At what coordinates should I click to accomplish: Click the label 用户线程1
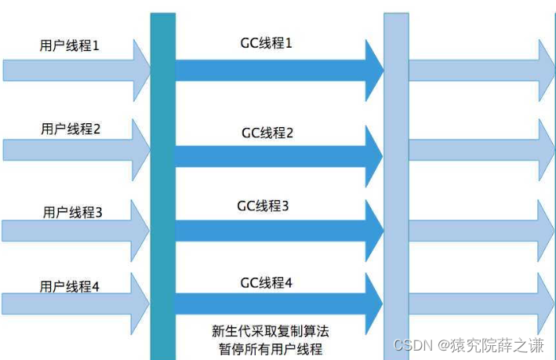tap(70, 46)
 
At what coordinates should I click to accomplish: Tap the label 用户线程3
tap(73, 212)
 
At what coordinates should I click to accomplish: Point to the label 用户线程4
tap(70, 287)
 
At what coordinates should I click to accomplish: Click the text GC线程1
tap(267, 43)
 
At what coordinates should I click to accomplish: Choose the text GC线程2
tap(267, 133)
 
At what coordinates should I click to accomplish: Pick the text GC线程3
tap(263, 206)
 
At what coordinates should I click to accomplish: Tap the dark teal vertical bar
tap(162, 180)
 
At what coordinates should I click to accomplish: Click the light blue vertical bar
tap(395, 180)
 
